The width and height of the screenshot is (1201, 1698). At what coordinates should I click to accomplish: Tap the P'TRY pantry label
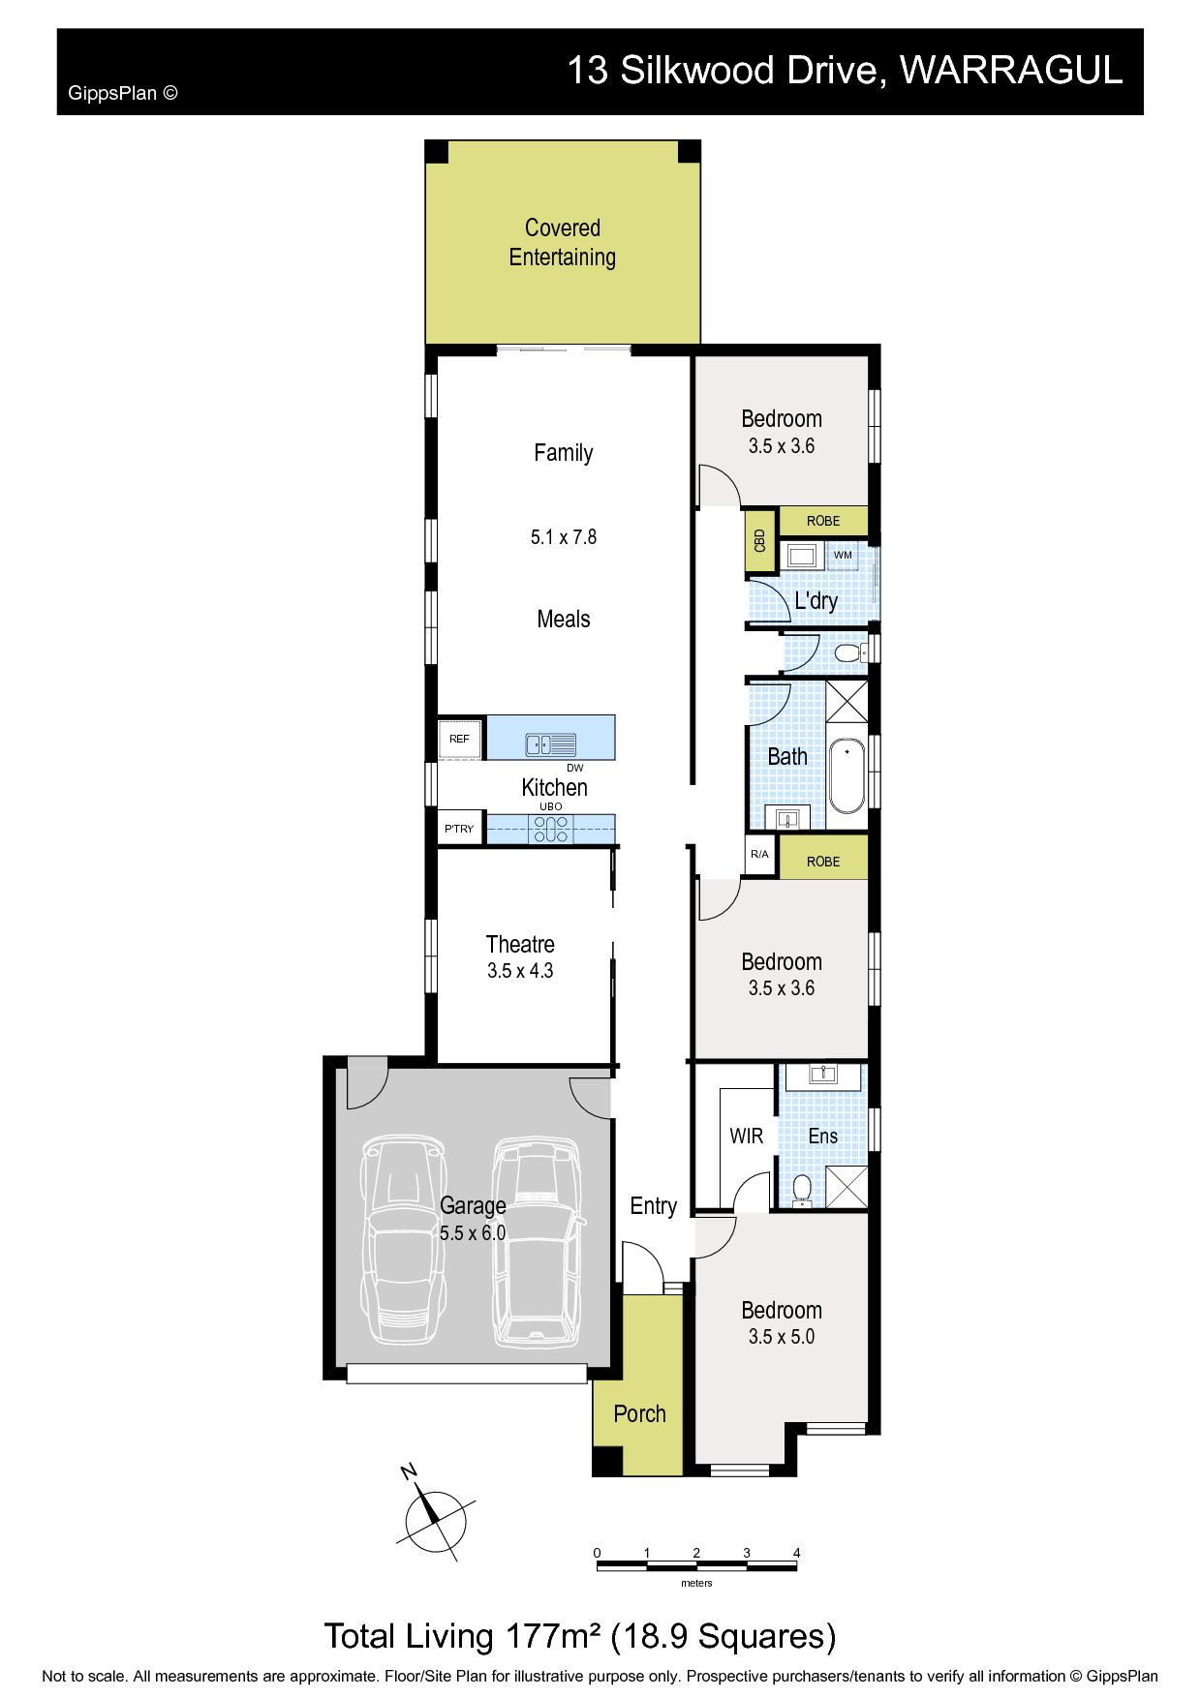pyautogui.click(x=459, y=829)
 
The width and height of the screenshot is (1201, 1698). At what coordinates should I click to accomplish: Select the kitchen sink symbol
pyautogui.click(x=551, y=744)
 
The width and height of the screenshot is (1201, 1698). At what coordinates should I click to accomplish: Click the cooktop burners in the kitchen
pyautogui.click(x=551, y=830)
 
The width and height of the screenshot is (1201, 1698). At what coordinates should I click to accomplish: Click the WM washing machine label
pyautogui.click(x=843, y=555)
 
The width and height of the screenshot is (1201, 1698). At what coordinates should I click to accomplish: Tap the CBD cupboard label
pyautogui.click(x=760, y=540)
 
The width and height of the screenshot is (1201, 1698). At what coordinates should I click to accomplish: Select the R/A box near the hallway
pyautogui.click(x=759, y=855)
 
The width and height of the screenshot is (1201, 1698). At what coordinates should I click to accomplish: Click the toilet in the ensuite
pyautogui.click(x=802, y=1189)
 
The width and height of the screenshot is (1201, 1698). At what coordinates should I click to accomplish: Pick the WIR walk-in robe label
pyautogui.click(x=747, y=1137)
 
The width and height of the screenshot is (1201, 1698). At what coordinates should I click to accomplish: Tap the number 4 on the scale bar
pyautogui.click(x=797, y=1553)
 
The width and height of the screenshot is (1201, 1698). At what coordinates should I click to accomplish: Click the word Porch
pyautogui.click(x=640, y=1413)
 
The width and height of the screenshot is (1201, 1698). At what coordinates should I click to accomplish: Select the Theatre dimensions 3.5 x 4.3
pyautogui.click(x=520, y=971)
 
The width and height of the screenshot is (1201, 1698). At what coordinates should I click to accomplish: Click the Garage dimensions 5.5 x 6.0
pyautogui.click(x=473, y=1233)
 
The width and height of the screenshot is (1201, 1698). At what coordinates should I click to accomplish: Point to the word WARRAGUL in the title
pyautogui.click(x=1011, y=71)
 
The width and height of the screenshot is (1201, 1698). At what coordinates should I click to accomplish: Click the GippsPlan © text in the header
pyautogui.click(x=123, y=94)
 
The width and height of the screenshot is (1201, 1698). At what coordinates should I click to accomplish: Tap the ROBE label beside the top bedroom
pyautogui.click(x=823, y=521)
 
